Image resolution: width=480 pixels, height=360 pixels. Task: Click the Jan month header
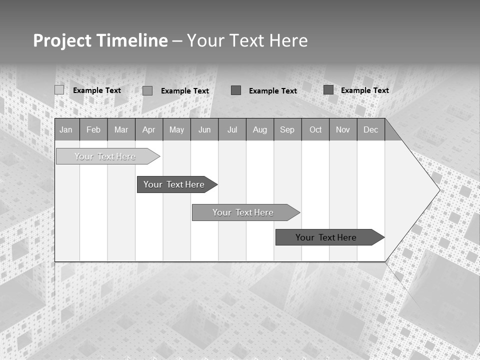pyautogui.click(x=66, y=129)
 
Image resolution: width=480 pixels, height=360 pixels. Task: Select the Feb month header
pyautogui.click(x=93, y=129)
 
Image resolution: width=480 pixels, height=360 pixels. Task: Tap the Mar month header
pyautogui.click(x=121, y=129)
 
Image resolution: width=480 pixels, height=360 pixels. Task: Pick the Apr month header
pyautogui.click(x=149, y=129)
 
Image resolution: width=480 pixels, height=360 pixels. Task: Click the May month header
pyautogui.click(x=176, y=129)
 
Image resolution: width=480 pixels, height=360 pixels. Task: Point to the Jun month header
pyautogui.click(x=204, y=129)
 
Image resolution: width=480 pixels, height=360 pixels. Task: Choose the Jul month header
pyautogui.click(x=232, y=129)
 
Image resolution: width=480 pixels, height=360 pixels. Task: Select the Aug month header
pyautogui.click(x=260, y=129)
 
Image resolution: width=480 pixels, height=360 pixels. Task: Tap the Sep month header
pyautogui.click(x=287, y=129)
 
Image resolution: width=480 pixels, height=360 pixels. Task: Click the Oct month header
pyautogui.click(x=315, y=129)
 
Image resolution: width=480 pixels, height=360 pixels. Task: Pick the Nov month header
pyautogui.click(x=343, y=129)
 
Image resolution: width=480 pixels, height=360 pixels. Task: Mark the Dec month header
pyautogui.click(x=371, y=129)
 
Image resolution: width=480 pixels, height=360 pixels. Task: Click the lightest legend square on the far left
pyautogui.click(x=59, y=90)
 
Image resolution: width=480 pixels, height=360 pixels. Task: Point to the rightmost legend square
pyautogui.click(x=328, y=90)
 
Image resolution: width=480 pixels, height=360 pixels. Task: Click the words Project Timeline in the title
pyautogui.click(x=100, y=40)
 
